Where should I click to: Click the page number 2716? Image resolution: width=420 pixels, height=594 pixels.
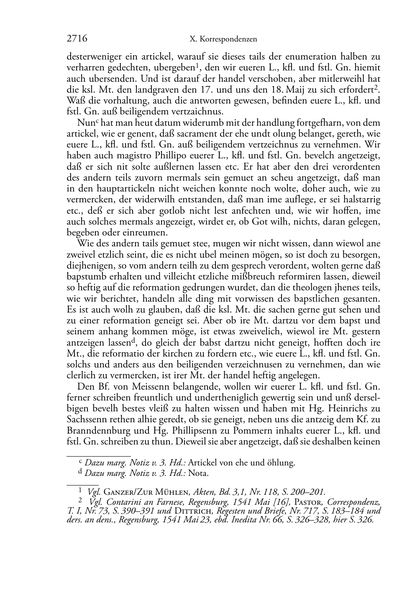click(x=77, y=39)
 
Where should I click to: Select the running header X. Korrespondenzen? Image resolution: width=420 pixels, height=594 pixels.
click(x=223, y=39)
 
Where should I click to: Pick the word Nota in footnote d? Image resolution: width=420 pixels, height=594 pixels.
click(x=199, y=473)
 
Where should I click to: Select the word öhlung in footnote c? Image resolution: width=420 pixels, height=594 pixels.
click(x=282, y=463)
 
